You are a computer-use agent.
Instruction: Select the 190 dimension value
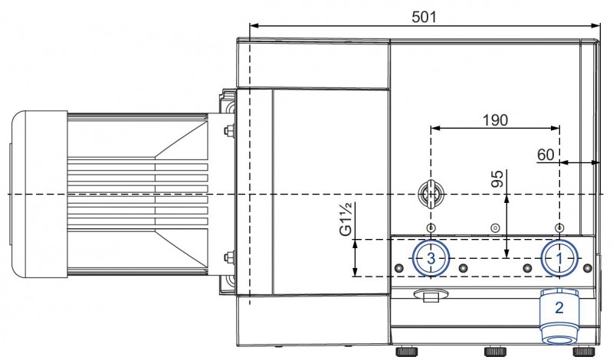(495, 119)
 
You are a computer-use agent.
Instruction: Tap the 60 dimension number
(545, 155)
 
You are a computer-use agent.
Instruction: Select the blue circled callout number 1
(559, 258)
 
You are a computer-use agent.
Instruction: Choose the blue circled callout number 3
(431, 258)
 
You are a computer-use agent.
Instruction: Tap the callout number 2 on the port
(559, 308)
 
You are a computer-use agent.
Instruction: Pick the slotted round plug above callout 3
(431, 195)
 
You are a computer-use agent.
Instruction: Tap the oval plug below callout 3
(430, 295)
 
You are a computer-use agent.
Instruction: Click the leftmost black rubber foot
(405, 353)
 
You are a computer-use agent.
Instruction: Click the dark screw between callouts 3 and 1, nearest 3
(463, 268)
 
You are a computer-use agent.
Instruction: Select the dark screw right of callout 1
(588, 268)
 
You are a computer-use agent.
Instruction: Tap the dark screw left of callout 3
(398, 268)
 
